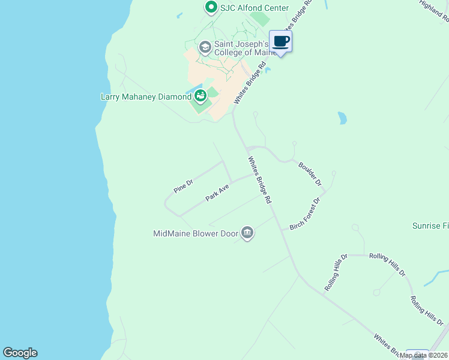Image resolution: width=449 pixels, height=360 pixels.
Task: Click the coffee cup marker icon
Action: click(x=280, y=41)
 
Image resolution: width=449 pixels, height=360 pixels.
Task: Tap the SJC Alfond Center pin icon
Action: click(x=211, y=8)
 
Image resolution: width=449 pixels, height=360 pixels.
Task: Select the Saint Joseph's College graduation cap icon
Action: click(x=205, y=47)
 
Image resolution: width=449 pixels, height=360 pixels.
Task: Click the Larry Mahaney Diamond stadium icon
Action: click(x=200, y=96)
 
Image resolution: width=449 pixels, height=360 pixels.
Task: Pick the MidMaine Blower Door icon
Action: click(x=247, y=233)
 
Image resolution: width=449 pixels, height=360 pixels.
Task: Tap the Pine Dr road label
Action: click(x=184, y=187)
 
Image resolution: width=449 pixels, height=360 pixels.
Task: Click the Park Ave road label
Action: click(x=217, y=193)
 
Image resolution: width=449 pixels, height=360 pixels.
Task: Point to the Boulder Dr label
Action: click(x=310, y=173)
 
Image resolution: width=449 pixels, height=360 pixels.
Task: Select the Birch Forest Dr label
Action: click(x=305, y=214)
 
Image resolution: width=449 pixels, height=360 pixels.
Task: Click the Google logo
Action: click(x=20, y=353)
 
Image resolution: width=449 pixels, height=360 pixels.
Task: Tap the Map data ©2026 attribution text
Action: click(x=423, y=355)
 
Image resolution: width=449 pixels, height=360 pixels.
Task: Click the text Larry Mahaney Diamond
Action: click(x=145, y=97)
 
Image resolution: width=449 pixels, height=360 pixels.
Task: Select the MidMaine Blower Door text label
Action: click(x=196, y=233)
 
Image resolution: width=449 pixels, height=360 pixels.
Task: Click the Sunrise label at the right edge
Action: click(x=430, y=226)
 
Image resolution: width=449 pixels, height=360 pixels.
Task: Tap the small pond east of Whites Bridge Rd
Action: click(x=342, y=118)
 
